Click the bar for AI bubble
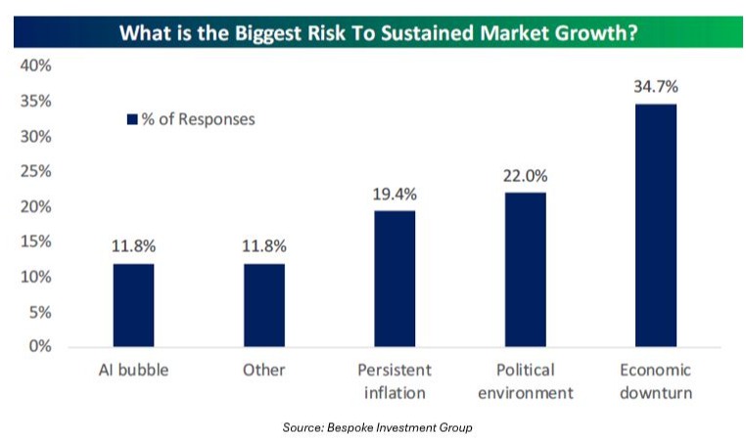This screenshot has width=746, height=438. coord(133,305)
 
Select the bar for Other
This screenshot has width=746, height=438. coord(263,305)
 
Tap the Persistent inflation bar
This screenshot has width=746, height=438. coord(395,279)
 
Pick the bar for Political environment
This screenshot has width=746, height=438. coord(525,270)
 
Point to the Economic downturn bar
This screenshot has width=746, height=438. coord(655,225)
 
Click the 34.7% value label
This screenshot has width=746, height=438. coord(655,86)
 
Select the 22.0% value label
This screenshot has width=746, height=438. coord(525,176)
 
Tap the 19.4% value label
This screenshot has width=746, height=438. coord(395,194)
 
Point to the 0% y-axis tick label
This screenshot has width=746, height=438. coord(39,347)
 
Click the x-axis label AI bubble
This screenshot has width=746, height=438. coord(133,371)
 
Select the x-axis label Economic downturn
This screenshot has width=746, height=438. coord(655,381)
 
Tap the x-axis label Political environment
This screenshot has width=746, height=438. coord(525,381)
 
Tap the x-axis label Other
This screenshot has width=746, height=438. coord(263,371)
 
